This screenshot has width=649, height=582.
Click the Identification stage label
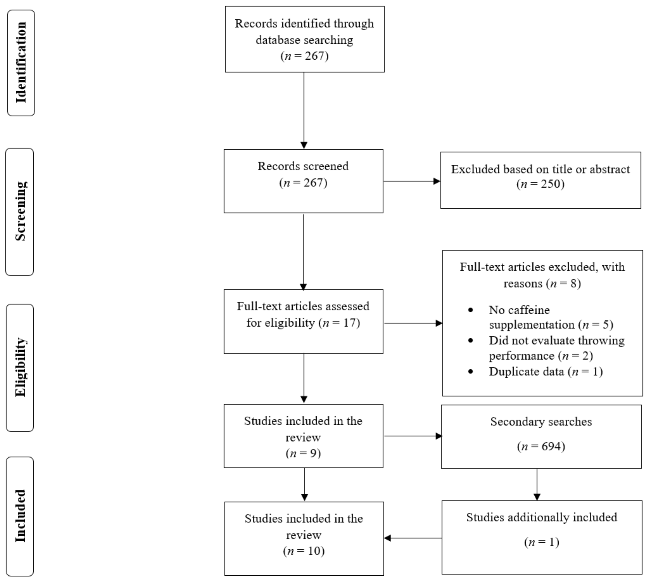click(21, 63)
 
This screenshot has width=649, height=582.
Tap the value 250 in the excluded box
click(549, 184)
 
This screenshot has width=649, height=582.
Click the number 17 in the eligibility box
click(349, 323)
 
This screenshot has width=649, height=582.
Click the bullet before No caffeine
click(470, 310)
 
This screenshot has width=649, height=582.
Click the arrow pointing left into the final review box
click(413, 538)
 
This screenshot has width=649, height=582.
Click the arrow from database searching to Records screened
click(304, 110)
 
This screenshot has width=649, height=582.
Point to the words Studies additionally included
click(541, 517)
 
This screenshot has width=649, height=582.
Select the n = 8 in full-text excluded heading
click(564, 284)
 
